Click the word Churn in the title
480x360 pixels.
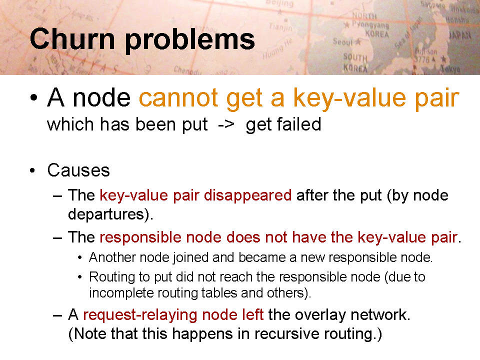pos(72,39)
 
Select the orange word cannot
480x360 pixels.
pos(178,98)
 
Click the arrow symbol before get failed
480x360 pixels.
pos(226,125)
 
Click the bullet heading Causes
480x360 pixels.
pos(78,170)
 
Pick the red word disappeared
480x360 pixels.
pos(247,196)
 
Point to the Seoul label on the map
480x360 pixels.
pos(343,41)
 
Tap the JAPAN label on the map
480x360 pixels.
pos(459,35)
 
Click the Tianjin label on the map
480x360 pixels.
pos(280,27)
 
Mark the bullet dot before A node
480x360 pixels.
pos(33,98)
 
